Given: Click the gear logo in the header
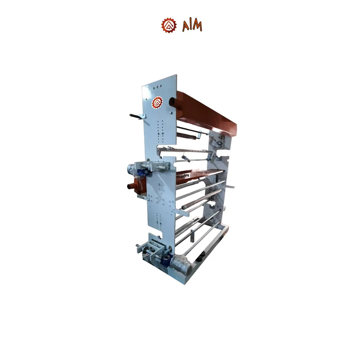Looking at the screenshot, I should (x=168, y=25).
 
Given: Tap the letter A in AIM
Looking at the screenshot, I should (x=185, y=26).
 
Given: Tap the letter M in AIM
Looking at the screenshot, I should (x=197, y=26).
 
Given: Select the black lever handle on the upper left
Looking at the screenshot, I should (x=136, y=116).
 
